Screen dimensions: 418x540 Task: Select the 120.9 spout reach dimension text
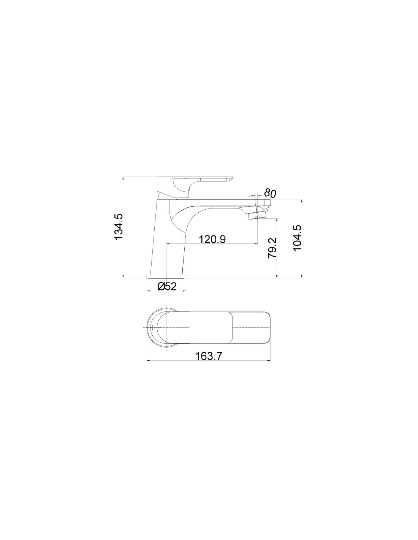point(212,239)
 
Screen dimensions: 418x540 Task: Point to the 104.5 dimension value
point(297,238)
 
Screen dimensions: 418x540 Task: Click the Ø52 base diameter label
point(167,287)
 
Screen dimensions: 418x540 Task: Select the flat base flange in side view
point(166,276)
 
